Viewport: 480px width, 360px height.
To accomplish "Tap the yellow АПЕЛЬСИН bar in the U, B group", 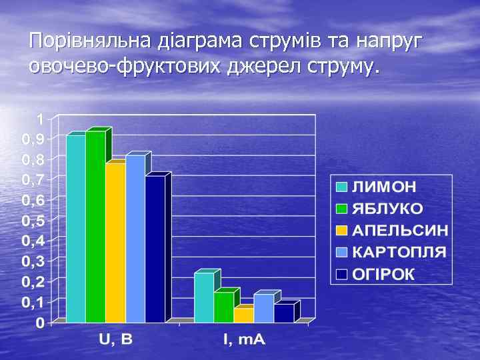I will [x=115, y=242].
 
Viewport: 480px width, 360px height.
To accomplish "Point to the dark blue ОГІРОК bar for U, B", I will [x=155, y=249].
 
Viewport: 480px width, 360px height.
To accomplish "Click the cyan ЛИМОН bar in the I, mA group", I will [x=204, y=297].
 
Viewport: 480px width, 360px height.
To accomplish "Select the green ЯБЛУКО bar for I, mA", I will [x=223, y=307].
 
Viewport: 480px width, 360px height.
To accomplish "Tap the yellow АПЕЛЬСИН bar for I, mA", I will [x=243, y=315].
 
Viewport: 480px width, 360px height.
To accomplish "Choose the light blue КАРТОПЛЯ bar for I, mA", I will [x=263, y=308].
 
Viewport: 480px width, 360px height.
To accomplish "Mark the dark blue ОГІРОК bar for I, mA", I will [x=283, y=313].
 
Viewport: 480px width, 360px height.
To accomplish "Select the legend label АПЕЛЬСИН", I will [x=400, y=231].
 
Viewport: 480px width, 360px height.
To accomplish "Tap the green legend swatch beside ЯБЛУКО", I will [x=341, y=209].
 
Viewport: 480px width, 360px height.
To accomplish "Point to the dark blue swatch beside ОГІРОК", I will [x=341, y=274].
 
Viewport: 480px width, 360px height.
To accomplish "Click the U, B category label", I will [x=116, y=340].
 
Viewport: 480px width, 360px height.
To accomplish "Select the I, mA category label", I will [x=243, y=340].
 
